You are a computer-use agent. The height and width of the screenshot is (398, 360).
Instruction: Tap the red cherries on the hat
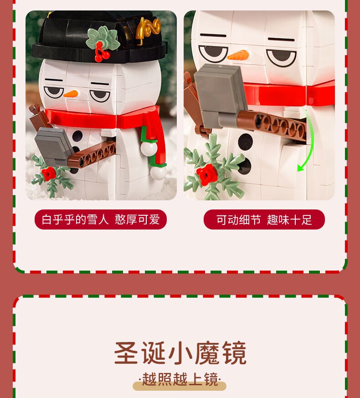(102, 53)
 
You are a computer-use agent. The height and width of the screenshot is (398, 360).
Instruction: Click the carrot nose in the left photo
(71, 94)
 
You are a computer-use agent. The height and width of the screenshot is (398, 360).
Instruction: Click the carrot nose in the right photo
(239, 55)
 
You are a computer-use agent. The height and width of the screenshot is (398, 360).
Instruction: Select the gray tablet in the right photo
(220, 96)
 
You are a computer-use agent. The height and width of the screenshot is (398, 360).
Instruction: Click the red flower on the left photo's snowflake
(49, 174)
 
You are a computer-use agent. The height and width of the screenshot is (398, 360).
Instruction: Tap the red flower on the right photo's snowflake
(207, 175)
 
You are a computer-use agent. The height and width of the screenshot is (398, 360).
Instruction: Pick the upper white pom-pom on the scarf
(149, 148)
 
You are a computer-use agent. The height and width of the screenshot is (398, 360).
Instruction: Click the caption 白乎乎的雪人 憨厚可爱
(101, 219)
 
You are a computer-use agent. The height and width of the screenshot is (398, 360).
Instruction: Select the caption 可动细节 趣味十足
(264, 219)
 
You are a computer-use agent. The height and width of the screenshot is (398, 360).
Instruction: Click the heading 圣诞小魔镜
(180, 353)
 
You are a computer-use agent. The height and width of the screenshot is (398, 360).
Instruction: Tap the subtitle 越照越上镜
(180, 379)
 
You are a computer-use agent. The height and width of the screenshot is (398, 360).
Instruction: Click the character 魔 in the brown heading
(207, 353)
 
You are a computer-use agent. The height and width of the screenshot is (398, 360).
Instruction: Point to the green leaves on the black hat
(103, 38)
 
